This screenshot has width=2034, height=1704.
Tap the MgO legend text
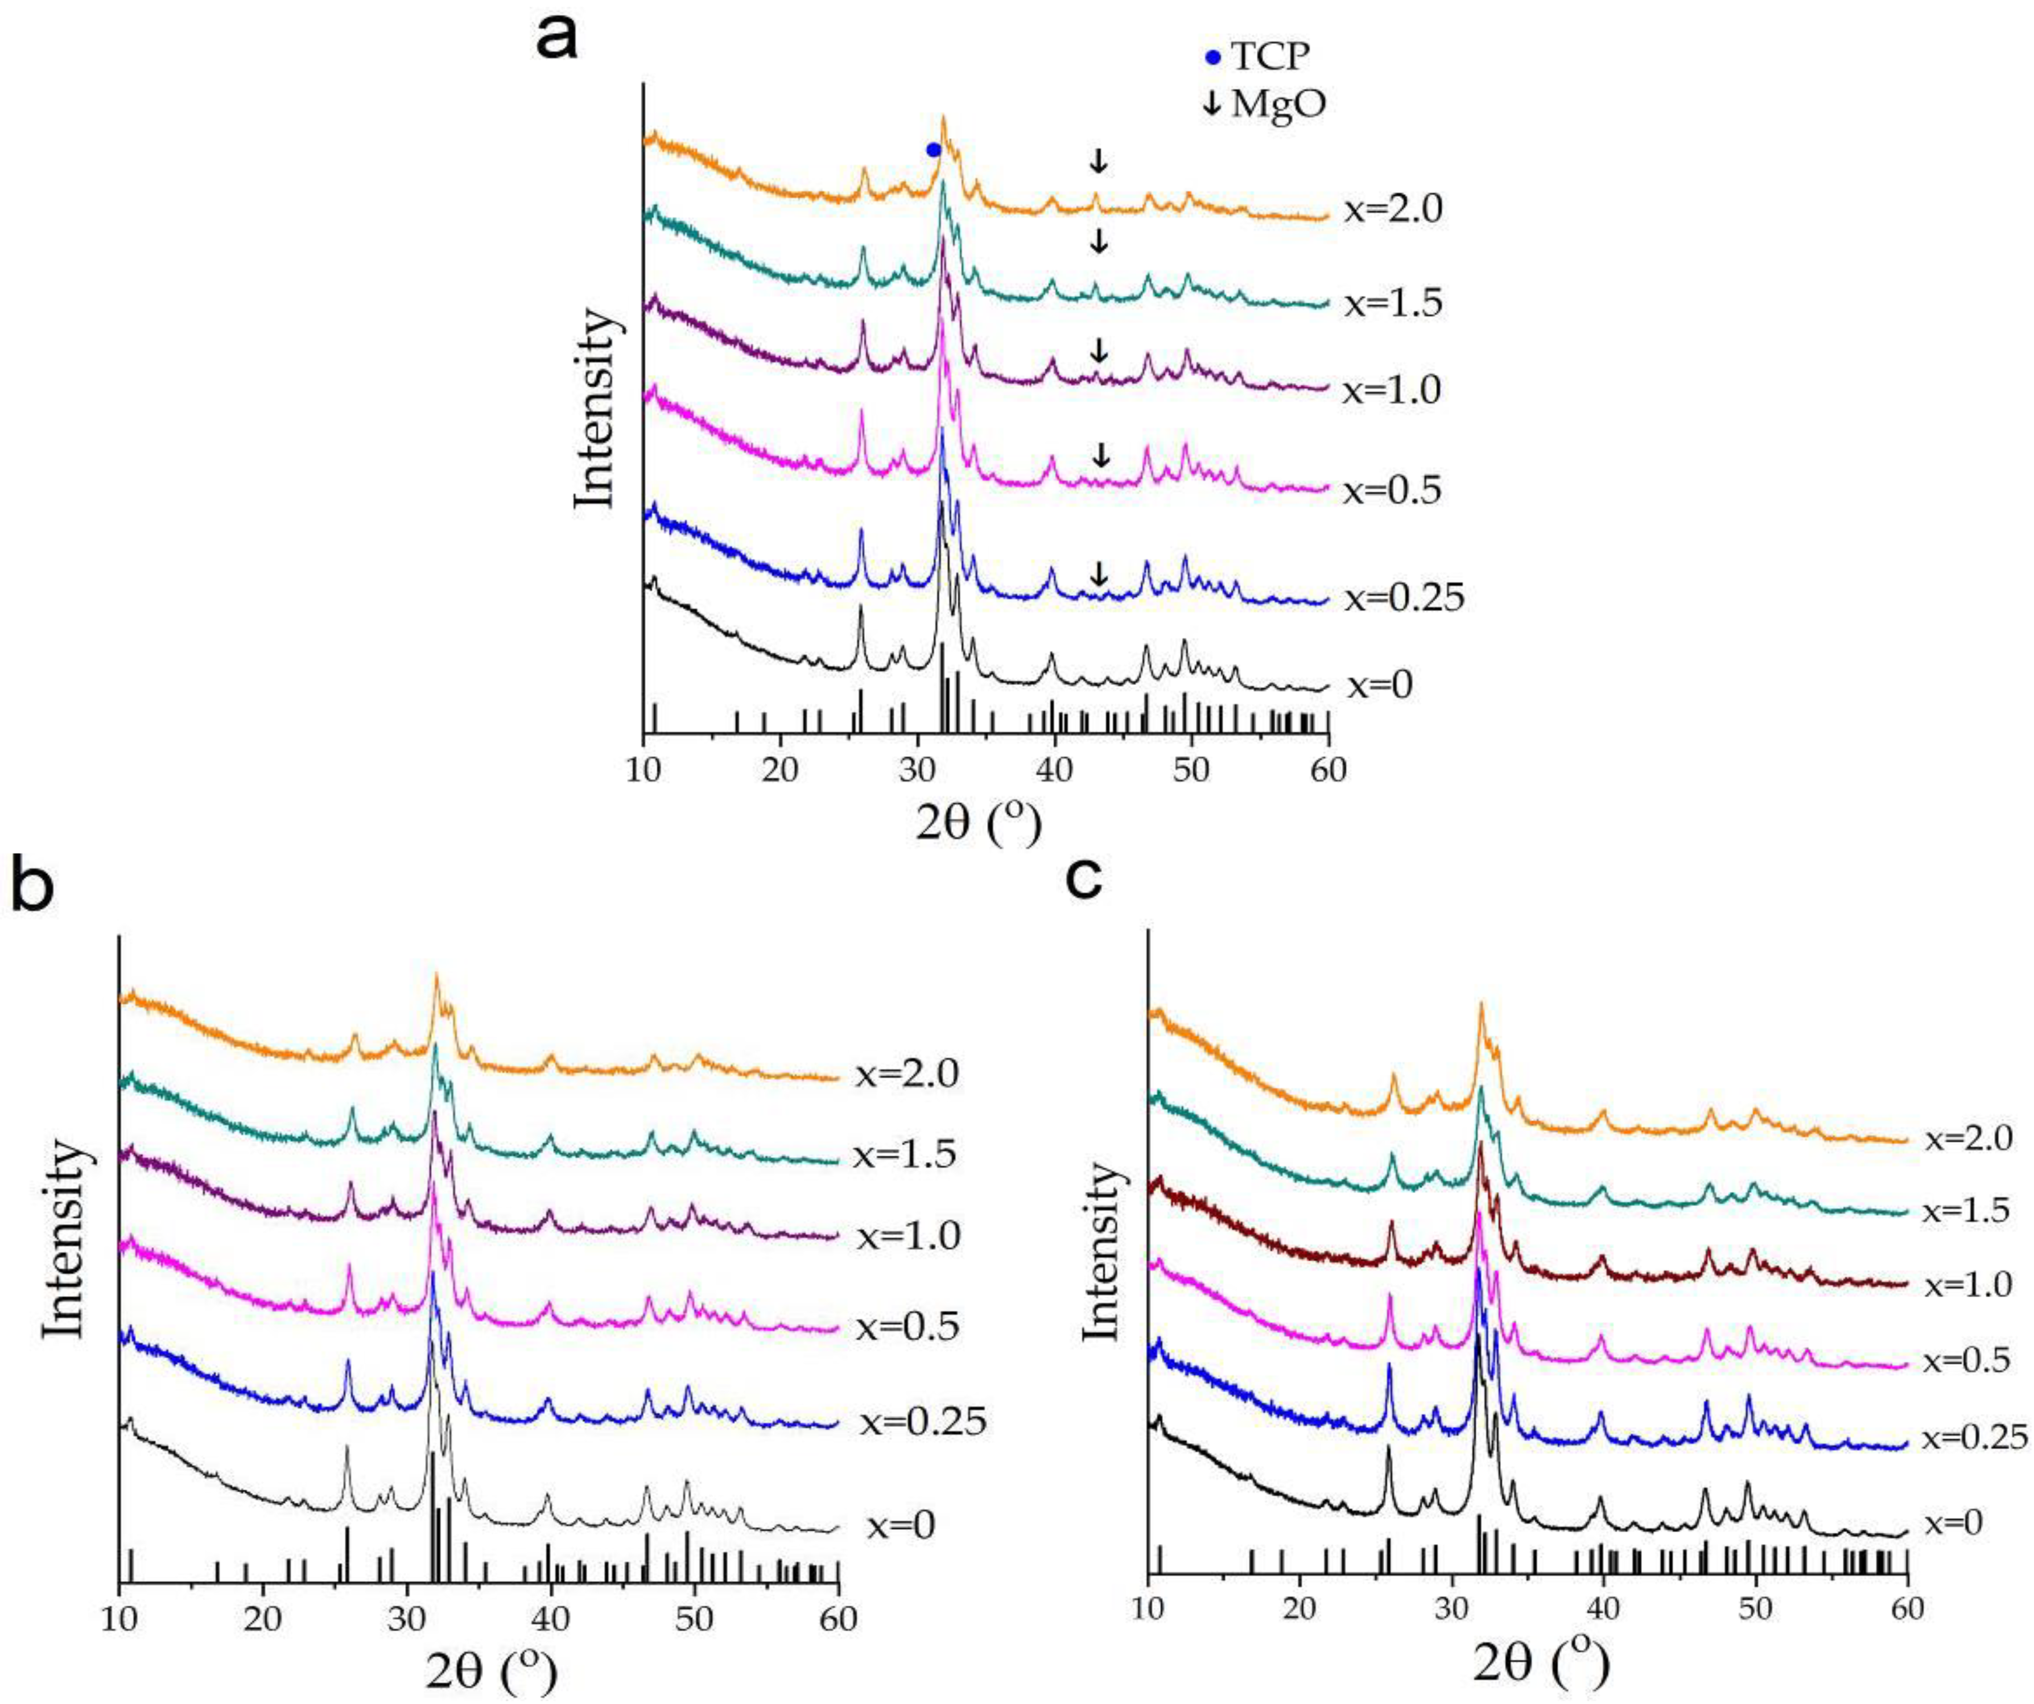click(1277, 105)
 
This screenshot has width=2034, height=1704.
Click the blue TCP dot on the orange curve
click(933, 149)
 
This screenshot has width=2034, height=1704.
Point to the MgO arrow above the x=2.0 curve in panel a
click(1098, 161)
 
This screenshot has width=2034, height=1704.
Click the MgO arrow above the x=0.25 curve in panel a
click(1098, 575)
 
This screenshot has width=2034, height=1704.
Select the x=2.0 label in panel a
click(1393, 209)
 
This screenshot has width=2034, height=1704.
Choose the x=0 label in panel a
click(1379, 685)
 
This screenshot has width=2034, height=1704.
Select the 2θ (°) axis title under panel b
click(491, 1670)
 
